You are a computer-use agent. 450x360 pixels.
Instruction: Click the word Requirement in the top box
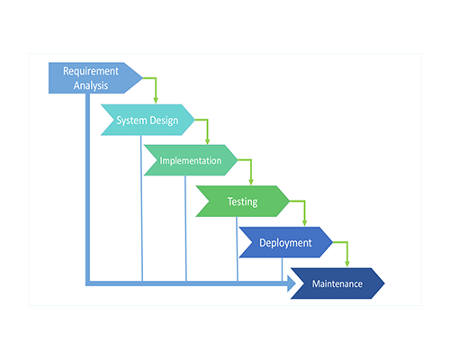click(x=91, y=71)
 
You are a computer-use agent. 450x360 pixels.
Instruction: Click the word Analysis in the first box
click(x=91, y=85)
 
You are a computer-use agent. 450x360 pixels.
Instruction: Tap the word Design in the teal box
click(x=164, y=121)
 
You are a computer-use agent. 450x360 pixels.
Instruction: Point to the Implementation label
click(x=191, y=161)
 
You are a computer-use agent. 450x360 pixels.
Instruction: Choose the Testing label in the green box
click(x=242, y=202)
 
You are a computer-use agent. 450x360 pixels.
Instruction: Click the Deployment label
click(x=285, y=243)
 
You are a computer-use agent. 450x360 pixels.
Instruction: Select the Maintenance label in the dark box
click(x=337, y=283)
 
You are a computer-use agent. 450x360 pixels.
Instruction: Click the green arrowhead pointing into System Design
click(x=156, y=100)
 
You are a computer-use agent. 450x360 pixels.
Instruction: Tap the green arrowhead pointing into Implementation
click(x=207, y=141)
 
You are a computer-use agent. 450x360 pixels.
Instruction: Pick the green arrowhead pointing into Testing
click(x=251, y=182)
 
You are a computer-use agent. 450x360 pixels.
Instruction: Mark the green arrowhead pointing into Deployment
click(x=304, y=222)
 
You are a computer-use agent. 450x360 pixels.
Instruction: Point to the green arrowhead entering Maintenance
click(x=347, y=263)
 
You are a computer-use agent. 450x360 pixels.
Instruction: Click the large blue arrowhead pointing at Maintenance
click(x=292, y=283)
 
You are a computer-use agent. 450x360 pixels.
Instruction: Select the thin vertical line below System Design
click(x=141, y=208)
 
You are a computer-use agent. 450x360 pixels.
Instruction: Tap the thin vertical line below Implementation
click(x=185, y=229)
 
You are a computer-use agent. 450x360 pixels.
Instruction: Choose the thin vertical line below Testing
click(x=237, y=249)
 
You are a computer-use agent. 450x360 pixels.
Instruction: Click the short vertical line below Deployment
click(x=282, y=270)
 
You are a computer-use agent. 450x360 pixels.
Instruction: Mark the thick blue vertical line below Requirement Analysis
click(x=87, y=188)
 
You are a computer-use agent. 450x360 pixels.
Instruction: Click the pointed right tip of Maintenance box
click(x=384, y=283)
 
